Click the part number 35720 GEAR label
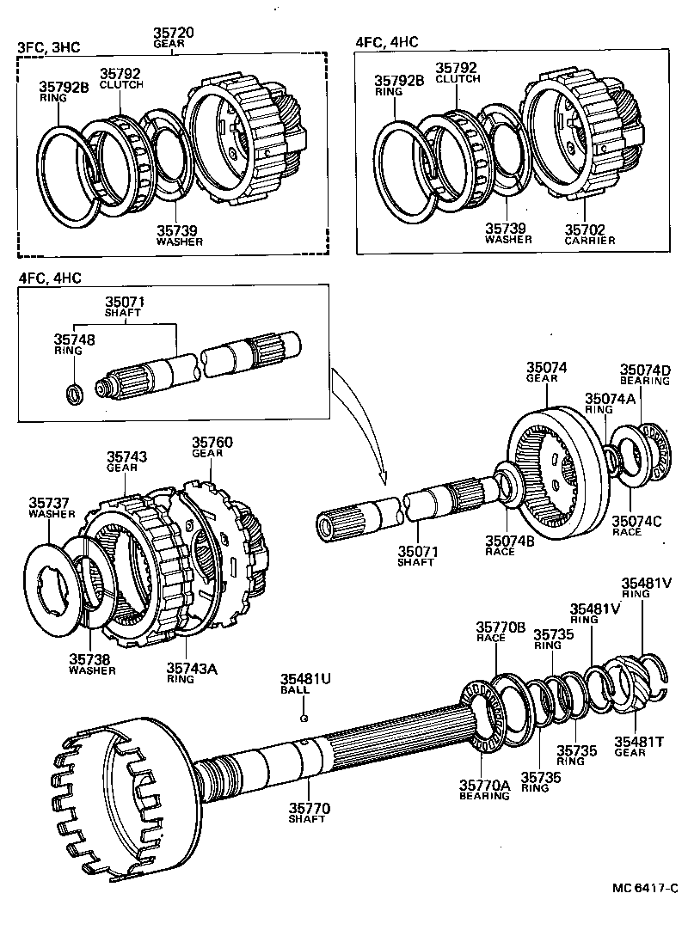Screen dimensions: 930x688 point(174,38)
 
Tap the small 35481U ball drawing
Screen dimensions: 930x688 point(304,717)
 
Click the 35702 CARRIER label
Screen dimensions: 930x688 point(590,235)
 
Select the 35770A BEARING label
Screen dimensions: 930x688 point(484,790)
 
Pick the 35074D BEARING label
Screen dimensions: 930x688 point(646,374)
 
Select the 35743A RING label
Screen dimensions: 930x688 point(191,671)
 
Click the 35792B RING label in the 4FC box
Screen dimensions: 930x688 point(399,86)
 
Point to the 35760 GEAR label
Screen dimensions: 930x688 point(212,447)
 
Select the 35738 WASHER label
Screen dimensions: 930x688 point(92,665)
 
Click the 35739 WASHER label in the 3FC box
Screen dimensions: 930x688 point(179,236)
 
